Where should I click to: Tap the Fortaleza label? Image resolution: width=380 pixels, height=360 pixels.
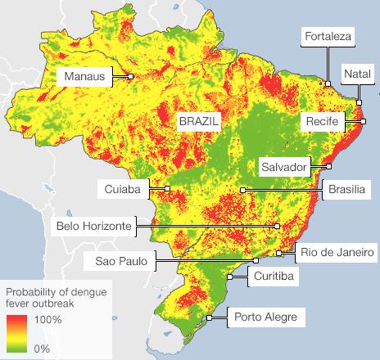[328, 37]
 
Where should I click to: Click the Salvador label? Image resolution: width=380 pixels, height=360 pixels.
[283, 167]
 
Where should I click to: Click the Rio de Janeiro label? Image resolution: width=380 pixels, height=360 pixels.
[337, 251]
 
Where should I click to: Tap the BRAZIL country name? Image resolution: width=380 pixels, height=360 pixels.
[200, 119]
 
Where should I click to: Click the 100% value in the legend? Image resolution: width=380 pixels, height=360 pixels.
[48, 319]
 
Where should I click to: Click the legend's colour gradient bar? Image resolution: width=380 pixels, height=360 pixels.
[17, 334]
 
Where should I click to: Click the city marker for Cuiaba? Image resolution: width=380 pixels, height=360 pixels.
[167, 189]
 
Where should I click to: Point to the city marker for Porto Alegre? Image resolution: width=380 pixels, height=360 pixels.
[210, 317]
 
